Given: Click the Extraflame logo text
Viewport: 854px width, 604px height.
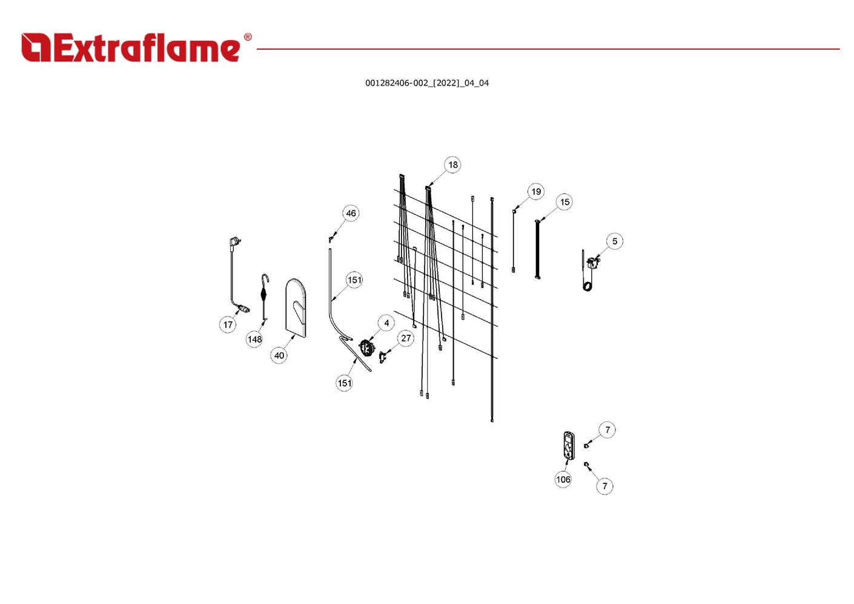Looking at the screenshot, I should [x=145, y=48].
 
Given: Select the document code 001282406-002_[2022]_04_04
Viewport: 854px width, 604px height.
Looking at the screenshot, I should [x=426, y=83].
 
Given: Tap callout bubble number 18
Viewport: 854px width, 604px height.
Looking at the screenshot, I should [x=452, y=165].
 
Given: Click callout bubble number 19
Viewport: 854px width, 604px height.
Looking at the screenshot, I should [x=536, y=192].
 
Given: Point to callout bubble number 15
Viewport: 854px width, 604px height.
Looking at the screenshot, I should [x=564, y=202].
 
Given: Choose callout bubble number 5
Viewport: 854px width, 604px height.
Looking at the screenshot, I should [x=615, y=241].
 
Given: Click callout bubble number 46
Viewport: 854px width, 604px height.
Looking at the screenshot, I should [x=351, y=213].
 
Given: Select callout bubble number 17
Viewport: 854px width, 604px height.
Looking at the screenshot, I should [x=228, y=324].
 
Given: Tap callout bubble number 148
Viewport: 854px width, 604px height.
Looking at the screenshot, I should [x=254, y=339].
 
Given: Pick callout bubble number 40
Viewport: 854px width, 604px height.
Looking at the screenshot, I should [x=279, y=355].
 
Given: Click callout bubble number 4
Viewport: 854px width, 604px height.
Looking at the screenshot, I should [x=386, y=323].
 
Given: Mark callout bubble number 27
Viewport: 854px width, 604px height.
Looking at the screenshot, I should [x=406, y=338].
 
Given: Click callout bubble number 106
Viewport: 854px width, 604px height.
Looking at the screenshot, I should [x=563, y=479].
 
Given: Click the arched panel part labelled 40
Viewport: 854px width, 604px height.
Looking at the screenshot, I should [x=296, y=307].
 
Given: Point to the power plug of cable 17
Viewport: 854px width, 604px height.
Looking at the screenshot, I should [x=234, y=243].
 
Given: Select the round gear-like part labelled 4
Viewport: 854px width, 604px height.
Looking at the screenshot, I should [x=365, y=347].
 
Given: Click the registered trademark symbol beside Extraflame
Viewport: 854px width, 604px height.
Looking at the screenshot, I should [x=247, y=38].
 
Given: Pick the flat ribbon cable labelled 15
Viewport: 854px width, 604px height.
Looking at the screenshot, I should [x=537, y=249].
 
